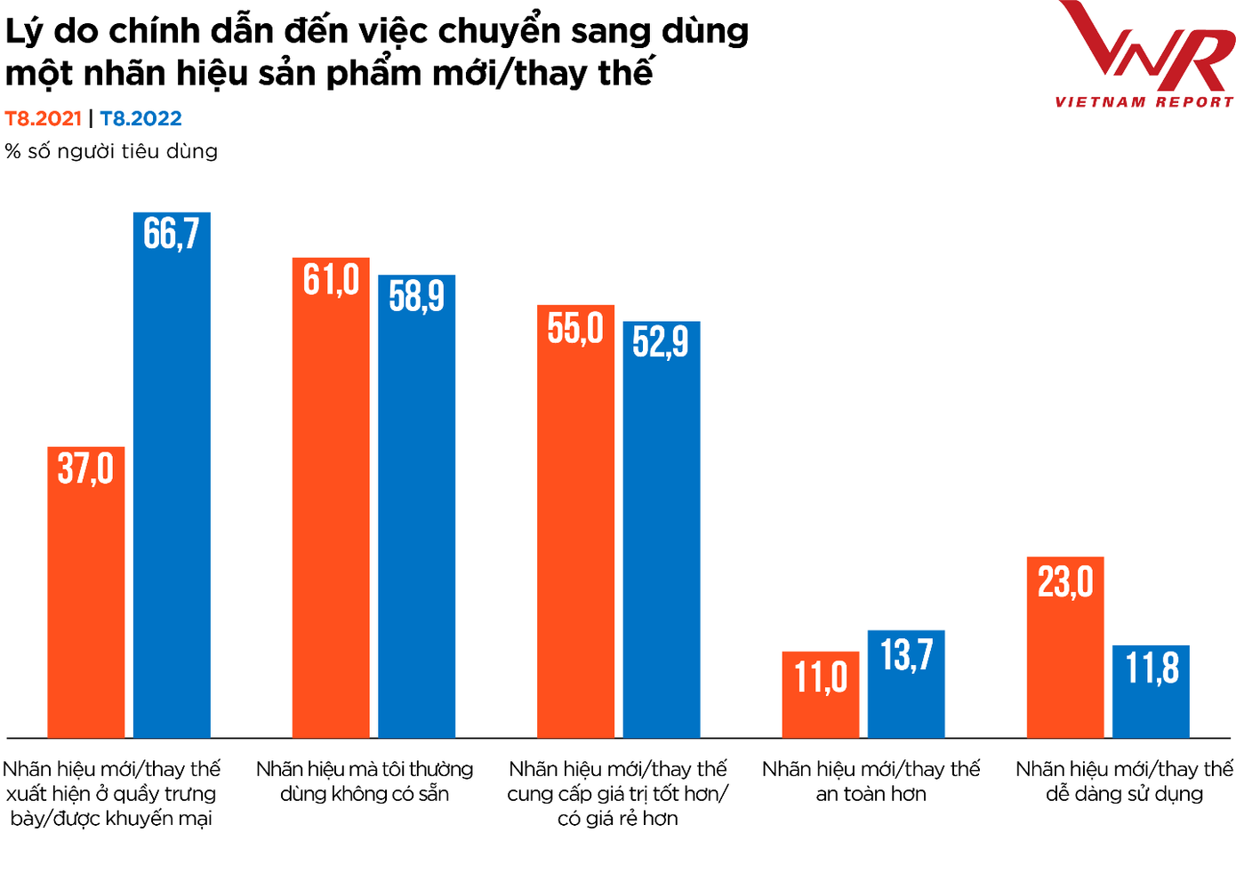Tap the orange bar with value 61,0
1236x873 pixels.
click(x=331, y=498)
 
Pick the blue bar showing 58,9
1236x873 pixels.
click(x=416, y=507)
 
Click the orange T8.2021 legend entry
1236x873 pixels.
click(x=43, y=118)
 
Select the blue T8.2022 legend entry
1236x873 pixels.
click(x=140, y=118)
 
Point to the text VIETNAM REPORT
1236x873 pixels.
click(x=1144, y=102)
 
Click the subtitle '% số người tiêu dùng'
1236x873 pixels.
click(x=111, y=151)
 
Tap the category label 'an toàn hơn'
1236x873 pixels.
click(x=871, y=794)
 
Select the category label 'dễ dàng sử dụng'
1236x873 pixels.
click(x=1124, y=794)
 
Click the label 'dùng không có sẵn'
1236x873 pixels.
click(x=365, y=794)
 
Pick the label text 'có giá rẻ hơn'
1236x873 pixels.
click(x=617, y=819)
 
